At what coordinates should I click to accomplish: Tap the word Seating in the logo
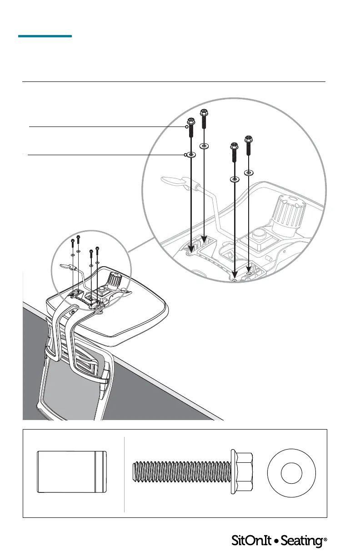(x=301, y=541)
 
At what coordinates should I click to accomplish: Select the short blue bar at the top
(x=45, y=35)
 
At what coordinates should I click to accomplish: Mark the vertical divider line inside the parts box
(x=124, y=473)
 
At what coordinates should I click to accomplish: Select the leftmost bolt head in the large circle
(x=190, y=123)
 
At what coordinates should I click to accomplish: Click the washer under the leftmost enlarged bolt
(x=191, y=155)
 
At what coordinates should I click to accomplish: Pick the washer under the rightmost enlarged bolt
(x=249, y=173)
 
